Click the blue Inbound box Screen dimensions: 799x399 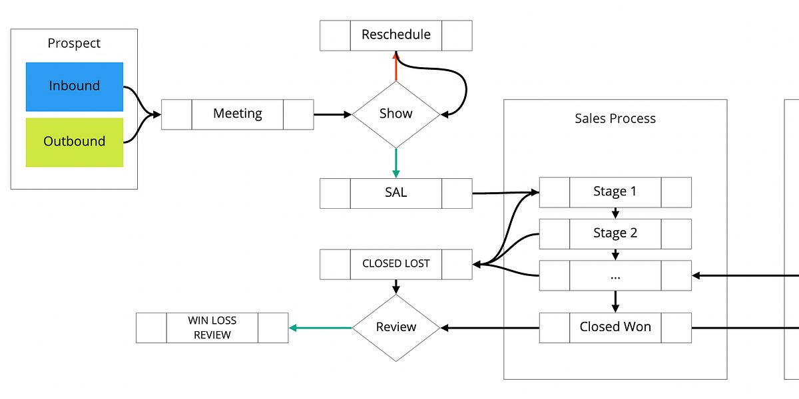click(x=75, y=86)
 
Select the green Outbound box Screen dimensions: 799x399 click(x=75, y=142)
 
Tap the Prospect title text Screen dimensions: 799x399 click(x=74, y=43)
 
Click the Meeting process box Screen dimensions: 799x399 click(x=237, y=114)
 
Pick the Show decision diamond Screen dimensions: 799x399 click(x=396, y=114)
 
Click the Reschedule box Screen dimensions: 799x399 click(x=396, y=35)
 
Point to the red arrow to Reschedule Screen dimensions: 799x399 click(x=396, y=66)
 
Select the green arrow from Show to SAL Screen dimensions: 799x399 click(x=396, y=162)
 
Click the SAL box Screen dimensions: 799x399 click(x=396, y=193)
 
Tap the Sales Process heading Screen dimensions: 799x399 click(x=615, y=119)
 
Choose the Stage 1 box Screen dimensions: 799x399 click(x=615, y=192)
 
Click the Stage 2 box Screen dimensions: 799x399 click(x=615, y=233)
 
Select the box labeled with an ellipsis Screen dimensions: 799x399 click(x=615, y=275)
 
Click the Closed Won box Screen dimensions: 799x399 click(x=615, y=327)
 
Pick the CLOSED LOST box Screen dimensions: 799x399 click(x=396, y=264)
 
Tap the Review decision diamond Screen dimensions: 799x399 click(x=396, y=327)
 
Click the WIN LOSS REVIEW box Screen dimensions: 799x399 click(x=212, y=327)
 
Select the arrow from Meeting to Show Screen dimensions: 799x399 click(x=332, y=114)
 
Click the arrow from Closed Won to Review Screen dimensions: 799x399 click(x=489, y=327)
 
